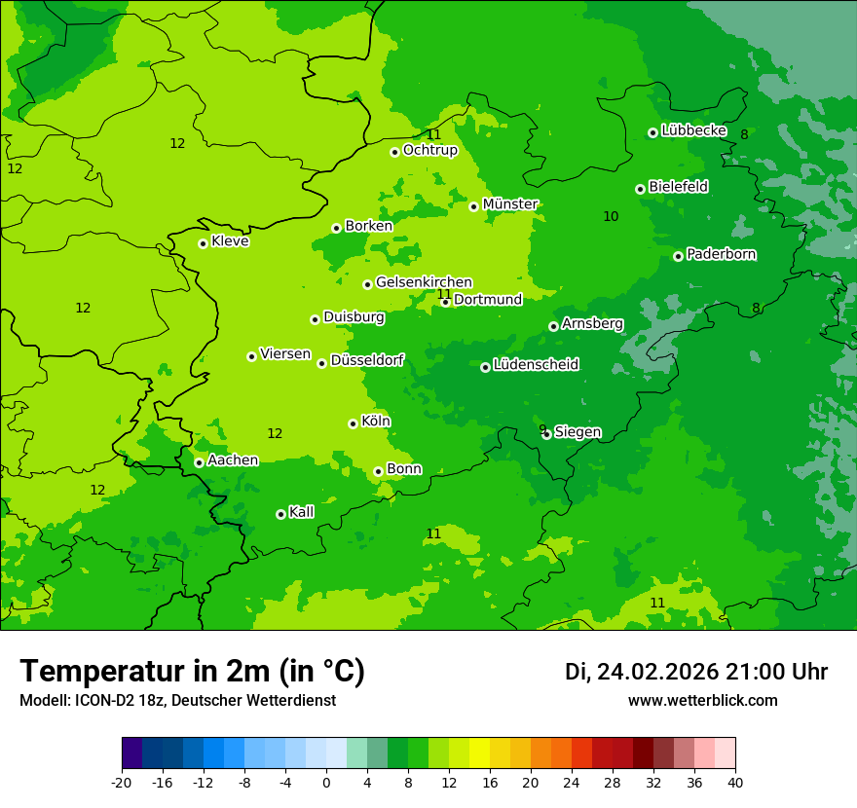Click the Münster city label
[x=510, y=204]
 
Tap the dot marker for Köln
[x=353, y=423]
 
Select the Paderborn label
[x=721, y=254]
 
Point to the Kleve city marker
[x=203, y=243]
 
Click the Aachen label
[x=233, y=460]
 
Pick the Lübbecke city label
[x=693, y=130]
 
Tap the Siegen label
[x=578, y=432]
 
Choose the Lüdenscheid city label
[x=536, y=365]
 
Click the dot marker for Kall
[x=280, y=514]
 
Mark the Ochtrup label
[x=429, y=150]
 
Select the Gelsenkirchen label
[x=424, y=282]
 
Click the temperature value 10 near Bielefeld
[x=611, y=216]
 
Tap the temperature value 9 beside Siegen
[x=541, y=429]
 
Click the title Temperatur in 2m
[x=192, y=671]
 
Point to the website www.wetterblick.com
[x=702, y=700]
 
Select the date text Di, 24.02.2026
[x=642, y=672]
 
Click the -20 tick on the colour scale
[x=122, y=782]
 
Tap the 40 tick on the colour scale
[x=735, y=782]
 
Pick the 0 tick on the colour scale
[x=326, y=782]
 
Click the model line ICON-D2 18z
[x=177, y=700]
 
